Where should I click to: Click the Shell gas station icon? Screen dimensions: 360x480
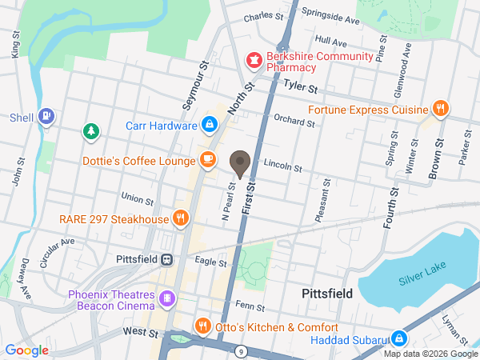[x=47, y=117]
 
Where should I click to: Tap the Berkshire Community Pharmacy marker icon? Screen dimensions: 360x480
[x=254, y=61]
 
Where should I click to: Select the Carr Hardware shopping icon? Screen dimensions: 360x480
[x=209, y=125]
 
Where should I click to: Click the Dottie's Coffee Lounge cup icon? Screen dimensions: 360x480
[x=208, y=160]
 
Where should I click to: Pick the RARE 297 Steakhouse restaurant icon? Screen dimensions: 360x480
[x=182, y=218]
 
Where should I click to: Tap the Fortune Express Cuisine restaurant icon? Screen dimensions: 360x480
[x=439, y=108]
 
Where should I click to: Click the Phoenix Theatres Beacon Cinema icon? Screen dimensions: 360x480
[x=167, y=299]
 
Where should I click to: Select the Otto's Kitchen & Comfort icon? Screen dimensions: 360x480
[x=202, y=326]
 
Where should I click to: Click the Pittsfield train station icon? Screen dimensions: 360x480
[x=167, y=260]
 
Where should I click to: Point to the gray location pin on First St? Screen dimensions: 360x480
[x=240, y=164]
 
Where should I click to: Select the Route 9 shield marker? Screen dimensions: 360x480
[x=240, y=350]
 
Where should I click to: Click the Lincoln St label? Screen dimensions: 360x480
[x=282, y=168]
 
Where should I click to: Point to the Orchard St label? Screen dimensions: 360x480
[x=294, y=122]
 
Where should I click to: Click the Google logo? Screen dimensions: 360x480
[x=27, y=350]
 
